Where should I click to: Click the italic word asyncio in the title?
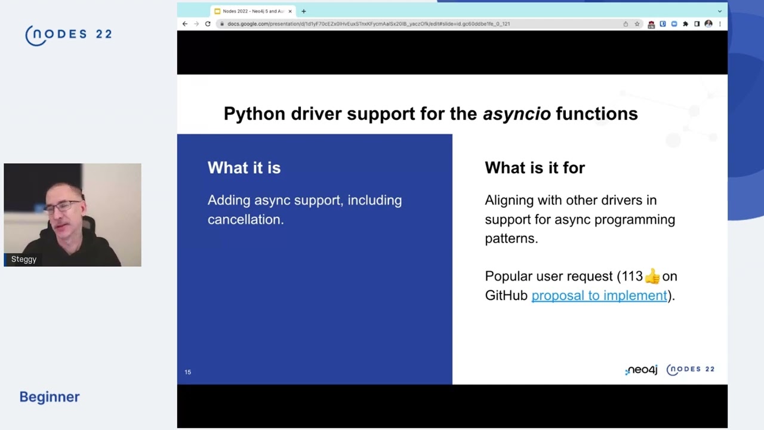point(516,113)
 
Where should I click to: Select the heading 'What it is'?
point(244,168)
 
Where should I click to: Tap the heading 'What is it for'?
point(534,168)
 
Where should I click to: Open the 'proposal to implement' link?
point(599,296)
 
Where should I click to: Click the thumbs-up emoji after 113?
point(652,276)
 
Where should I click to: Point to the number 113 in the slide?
point(631,276)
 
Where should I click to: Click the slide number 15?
point(187,372)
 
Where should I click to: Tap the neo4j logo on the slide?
point(641,370)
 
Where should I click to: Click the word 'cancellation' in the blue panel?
point(245,219)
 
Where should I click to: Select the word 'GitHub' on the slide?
point(506,296)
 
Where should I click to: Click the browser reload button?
point(208,24)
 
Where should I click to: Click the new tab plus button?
point(303,11)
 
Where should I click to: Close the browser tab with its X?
point(290,11)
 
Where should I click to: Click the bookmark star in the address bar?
point(637,24)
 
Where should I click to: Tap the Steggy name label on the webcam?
point(24,259)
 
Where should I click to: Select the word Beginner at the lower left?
point(50,397)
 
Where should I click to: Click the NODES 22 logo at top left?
point(69,35)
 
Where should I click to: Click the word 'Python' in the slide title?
point(255,113)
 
